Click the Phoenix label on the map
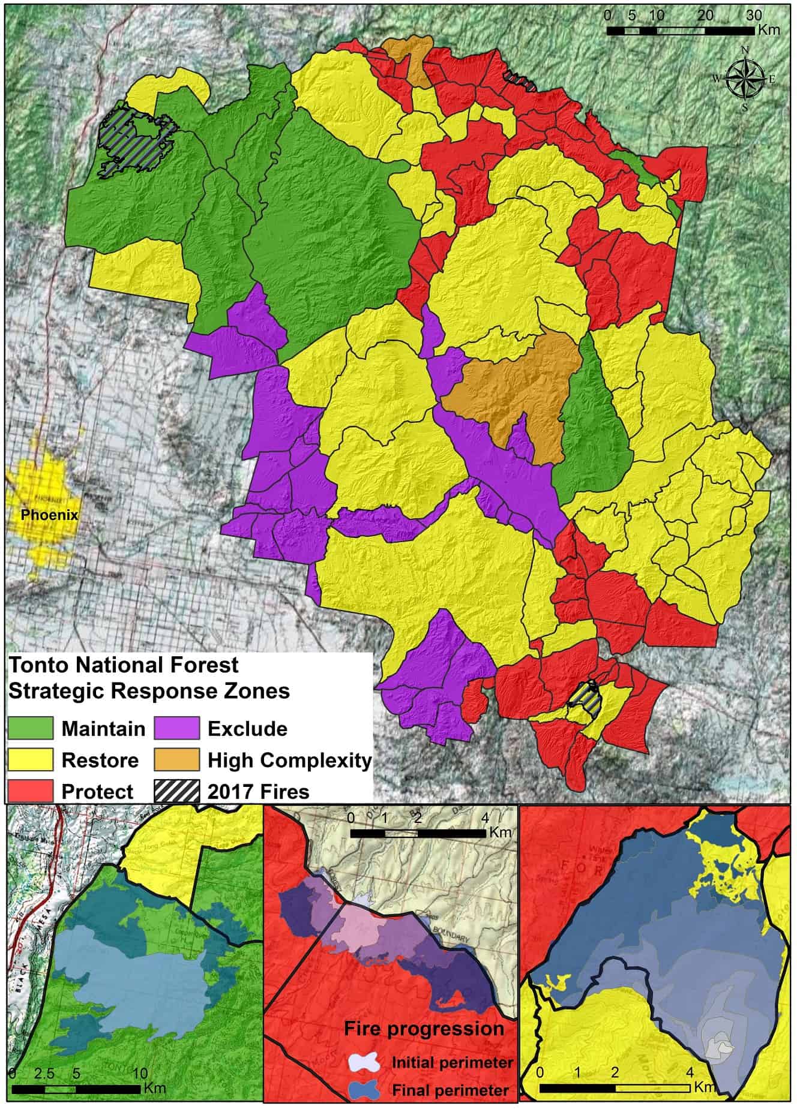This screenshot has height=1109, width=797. pyautogui.click(x=49, y=515)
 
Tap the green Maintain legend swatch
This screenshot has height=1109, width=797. pyautogui.click(x=30, y=728)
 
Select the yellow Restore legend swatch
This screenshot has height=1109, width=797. pyautogui.click(x=30, y=759)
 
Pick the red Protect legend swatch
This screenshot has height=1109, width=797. pyautogui.click(x=30, y=791)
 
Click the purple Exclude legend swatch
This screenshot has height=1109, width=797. pyautogui.click(x=176, y=728)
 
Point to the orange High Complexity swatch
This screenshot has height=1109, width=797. pyautogui.click(x=176, y=759)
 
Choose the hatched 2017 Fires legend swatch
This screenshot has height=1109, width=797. pyautogui.click(x=176, y=791)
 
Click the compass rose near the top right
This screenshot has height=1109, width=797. pyautogui.click(x=745, y=78)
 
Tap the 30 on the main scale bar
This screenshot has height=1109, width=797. pyautogui.click(x=753, y=16)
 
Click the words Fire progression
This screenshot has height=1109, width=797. pyautogui.click(x=424, y=1029)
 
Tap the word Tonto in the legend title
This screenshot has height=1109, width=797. pyautogui.click(x=38, y=665)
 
